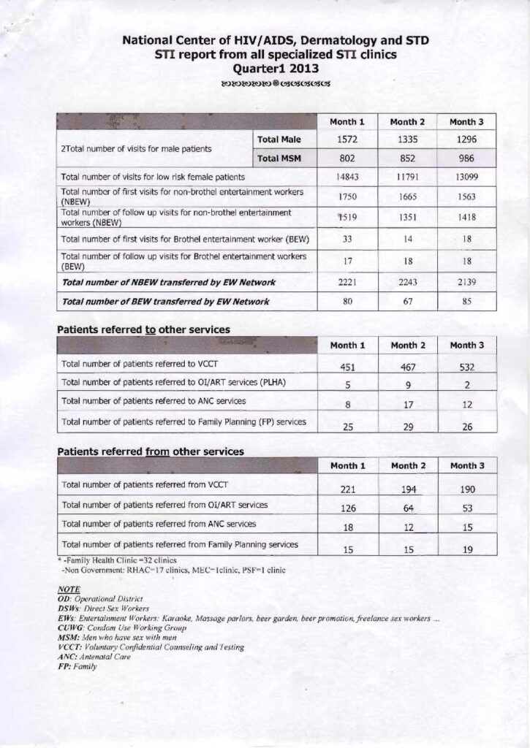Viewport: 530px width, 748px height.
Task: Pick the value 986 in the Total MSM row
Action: click(466, 158)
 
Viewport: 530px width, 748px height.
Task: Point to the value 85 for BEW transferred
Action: click(466, 301)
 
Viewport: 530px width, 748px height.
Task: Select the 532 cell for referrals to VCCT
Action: click(466, 367)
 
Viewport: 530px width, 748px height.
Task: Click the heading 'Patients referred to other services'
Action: click(143, 329)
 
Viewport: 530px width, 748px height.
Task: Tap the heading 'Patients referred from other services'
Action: click(151, 451)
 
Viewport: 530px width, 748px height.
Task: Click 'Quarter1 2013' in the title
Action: click(265, 69)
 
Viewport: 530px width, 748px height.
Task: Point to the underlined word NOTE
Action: click(69, 589)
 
